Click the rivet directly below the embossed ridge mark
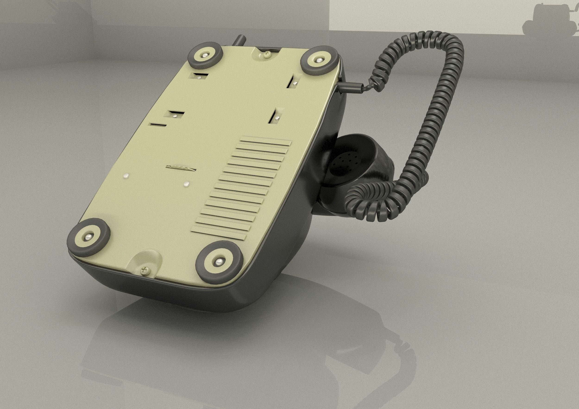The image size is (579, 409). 187,184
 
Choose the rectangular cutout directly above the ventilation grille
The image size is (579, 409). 277,117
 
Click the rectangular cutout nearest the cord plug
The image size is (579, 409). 294,81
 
